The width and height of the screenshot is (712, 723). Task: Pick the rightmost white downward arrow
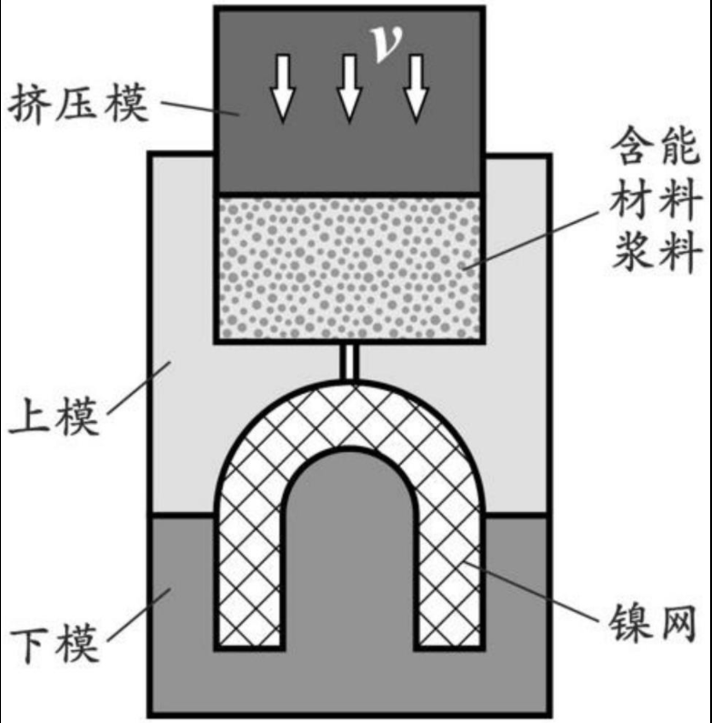[416, 90]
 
